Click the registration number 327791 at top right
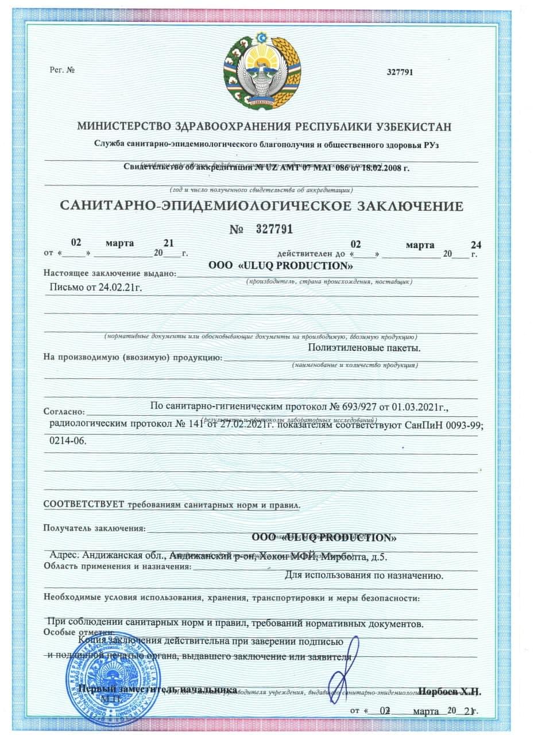400,72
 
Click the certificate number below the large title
270,230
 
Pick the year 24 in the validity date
475,245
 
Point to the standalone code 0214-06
67,442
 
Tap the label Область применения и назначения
117,567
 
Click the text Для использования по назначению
363,574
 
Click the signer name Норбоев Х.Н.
450,691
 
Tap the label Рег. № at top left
63,70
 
